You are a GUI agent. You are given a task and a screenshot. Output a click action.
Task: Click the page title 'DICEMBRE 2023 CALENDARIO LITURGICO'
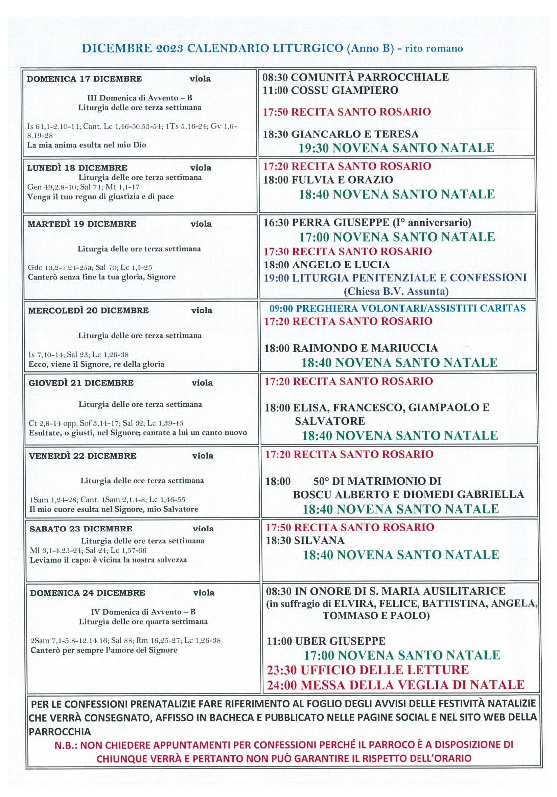pos(212,48)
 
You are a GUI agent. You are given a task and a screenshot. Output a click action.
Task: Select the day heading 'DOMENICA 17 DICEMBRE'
pos(84,79)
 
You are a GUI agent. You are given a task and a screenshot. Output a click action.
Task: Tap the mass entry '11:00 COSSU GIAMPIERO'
pos(330,90)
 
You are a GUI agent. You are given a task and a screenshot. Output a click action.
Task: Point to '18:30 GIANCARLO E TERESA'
pos(340,134)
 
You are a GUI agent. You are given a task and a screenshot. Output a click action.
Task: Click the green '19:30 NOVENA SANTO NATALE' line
pos(396,148)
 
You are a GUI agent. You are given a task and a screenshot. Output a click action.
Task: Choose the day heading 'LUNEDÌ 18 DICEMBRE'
pos(77,168)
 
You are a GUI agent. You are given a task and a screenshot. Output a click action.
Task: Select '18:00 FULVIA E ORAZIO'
pos(328,180)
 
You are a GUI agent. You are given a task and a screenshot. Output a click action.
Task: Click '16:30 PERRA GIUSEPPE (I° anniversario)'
pos(367,222)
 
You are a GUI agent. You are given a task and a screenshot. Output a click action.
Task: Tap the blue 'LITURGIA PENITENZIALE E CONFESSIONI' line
pos(395,278)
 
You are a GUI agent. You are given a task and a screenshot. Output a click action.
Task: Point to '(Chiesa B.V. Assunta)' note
pos(396,291)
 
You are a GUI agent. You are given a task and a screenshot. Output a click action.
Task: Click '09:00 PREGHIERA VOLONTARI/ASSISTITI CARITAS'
pos(397,308)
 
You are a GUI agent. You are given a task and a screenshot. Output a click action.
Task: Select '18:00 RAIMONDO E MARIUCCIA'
pos(351,348)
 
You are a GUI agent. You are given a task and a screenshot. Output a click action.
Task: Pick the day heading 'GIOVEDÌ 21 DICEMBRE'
pos(81,383)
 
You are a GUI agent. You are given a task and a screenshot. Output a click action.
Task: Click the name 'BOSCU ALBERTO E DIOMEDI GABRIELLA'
pos(408,494)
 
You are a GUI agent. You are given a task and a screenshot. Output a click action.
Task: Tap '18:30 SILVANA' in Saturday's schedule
pos(304,540)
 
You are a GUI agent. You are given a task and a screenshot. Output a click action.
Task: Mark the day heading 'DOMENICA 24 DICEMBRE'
pos(88,593)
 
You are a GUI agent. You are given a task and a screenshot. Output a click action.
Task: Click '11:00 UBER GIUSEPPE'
pos(326,641)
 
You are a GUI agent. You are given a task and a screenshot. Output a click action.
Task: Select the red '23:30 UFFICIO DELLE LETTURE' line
pos(368,670)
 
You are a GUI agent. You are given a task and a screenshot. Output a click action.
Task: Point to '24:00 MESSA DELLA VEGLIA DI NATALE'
pos(395,685)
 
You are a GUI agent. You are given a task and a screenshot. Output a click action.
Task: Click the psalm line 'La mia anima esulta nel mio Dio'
pos(87,145)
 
